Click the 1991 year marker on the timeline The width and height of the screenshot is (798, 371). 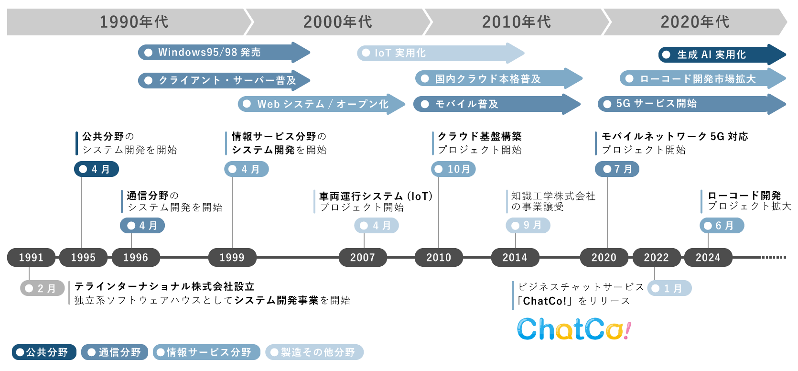pyautogui.click(x=31, y=257)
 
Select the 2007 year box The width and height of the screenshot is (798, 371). pyautogui.click(x=363, y=257)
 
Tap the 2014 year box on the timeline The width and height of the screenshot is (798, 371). pyautogui.click(x=515, y=257)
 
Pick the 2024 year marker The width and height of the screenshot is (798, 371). pyautogui.click(x=708, y=257)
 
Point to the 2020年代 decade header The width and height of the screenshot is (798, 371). pyautogui.click(x=695, y=22)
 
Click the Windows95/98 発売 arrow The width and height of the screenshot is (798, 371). pyautogui.click(x=220, y=52)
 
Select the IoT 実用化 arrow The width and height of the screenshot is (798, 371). pyautogui.click(x=435, y=53)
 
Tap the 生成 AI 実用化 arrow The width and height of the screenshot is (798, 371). pyautogui.click(x=717, y=55)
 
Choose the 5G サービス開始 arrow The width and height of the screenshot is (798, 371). pyautogui.click(x=688, y=104)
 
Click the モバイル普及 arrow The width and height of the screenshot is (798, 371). pyautogui.click(x=492, y=104)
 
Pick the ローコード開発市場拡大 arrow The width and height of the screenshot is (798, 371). pyautogui.click(x=698, y=78)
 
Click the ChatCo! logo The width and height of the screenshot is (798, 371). pyautogui.click(x=574, y=329)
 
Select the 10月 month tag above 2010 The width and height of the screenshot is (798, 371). pyautogui.click(x=453, y=169)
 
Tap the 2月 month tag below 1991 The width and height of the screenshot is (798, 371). pyautogui.click(x=42, y=288)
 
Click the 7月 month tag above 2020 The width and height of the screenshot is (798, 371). pyautogui.click(x=617, y=169)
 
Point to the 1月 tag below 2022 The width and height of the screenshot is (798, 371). pyautogui.click(x=669, y=288)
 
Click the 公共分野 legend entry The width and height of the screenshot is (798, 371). pyautogui.click(x=44, y=352)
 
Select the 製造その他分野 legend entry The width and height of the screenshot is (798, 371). pyautogui.click(x=314, y=352)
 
